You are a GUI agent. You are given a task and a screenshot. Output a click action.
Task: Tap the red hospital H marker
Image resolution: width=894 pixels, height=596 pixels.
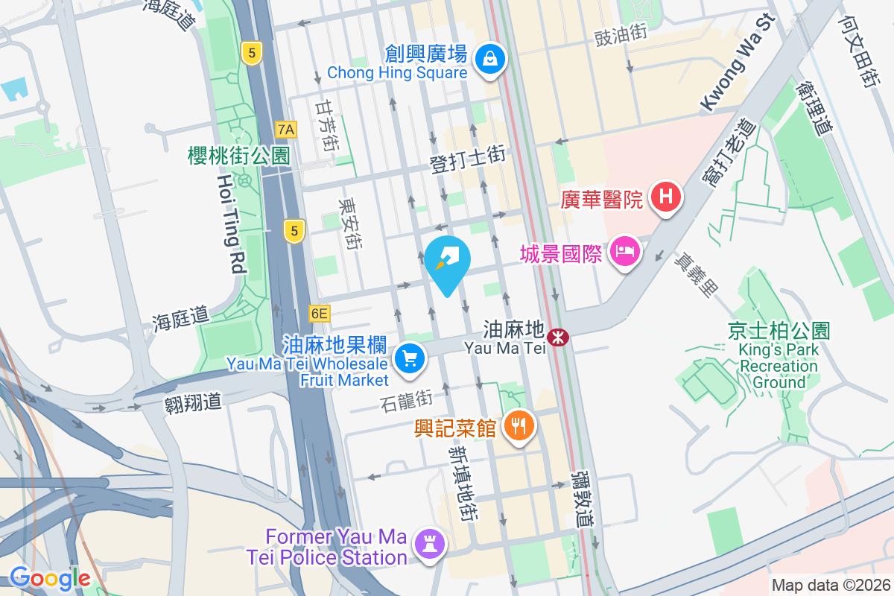(666, 197)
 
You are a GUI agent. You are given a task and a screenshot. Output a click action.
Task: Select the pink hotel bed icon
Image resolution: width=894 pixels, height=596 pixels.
(624, 253)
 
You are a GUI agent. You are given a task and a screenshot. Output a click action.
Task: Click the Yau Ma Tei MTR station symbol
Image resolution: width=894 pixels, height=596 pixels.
(557, 337)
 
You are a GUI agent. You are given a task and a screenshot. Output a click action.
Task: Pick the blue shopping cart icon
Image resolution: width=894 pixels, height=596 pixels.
(408, 359)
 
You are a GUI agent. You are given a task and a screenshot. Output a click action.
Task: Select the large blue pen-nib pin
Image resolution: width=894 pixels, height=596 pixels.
(447, 261)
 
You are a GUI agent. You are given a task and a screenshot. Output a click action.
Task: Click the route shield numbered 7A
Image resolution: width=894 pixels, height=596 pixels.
(285, 130)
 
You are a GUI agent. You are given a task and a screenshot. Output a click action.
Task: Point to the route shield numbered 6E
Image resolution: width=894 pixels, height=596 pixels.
(319, 314)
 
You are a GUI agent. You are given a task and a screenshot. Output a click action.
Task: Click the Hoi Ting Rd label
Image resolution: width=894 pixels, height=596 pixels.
(231, 223)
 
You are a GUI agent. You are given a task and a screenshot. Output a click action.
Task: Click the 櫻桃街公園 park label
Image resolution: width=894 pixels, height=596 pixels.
(238, 155)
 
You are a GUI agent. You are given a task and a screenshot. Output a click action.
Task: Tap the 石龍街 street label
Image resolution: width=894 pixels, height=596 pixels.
(406, 401)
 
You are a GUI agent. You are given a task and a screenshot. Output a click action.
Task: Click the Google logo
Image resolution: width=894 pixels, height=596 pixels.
(50, 577)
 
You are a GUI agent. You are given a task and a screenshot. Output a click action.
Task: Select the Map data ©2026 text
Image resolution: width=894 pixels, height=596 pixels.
(830, 585)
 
